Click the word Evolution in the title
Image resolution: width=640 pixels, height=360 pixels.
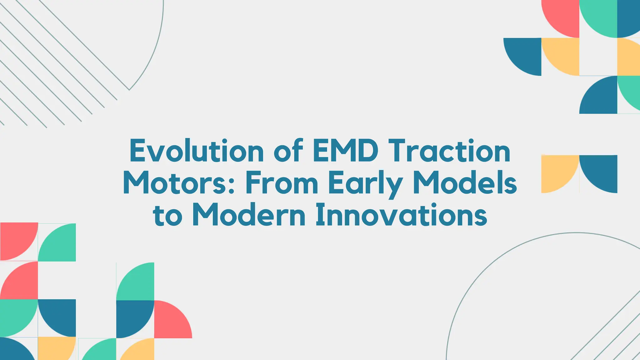coord(197,151)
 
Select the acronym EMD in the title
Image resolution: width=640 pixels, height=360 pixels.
coord(345,151)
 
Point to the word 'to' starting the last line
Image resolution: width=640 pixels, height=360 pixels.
coord(167,216)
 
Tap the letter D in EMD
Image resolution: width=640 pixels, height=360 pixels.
coord(368,151)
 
